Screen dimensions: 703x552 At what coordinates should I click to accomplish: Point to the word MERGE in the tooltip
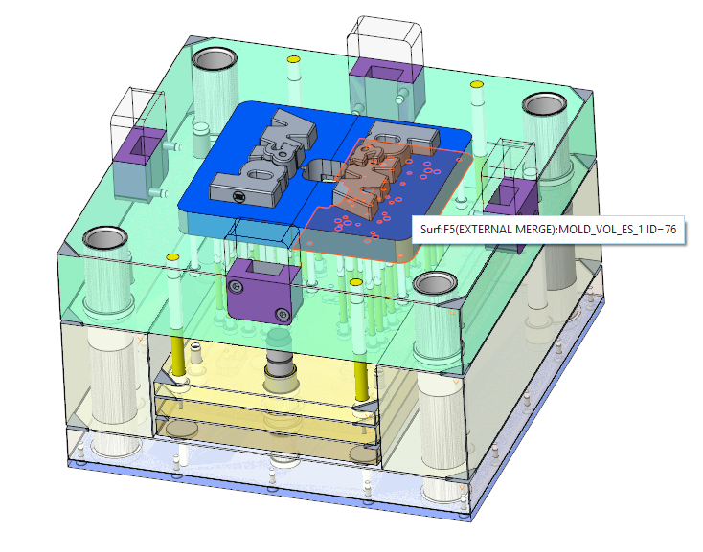click(533, 230)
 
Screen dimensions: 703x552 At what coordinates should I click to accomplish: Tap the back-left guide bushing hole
click(215, 58)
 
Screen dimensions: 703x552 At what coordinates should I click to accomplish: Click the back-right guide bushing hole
click(545, 105)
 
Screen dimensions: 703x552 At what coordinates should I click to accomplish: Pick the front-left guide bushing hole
click(105, 238)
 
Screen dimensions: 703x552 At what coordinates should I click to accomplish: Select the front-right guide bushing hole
click(435, 284)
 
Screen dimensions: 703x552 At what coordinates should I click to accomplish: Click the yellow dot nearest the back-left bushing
click(293, 59)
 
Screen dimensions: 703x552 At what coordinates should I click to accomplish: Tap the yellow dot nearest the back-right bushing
click(476, 84)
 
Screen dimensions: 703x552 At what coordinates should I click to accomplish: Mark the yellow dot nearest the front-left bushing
click(172, 257)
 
